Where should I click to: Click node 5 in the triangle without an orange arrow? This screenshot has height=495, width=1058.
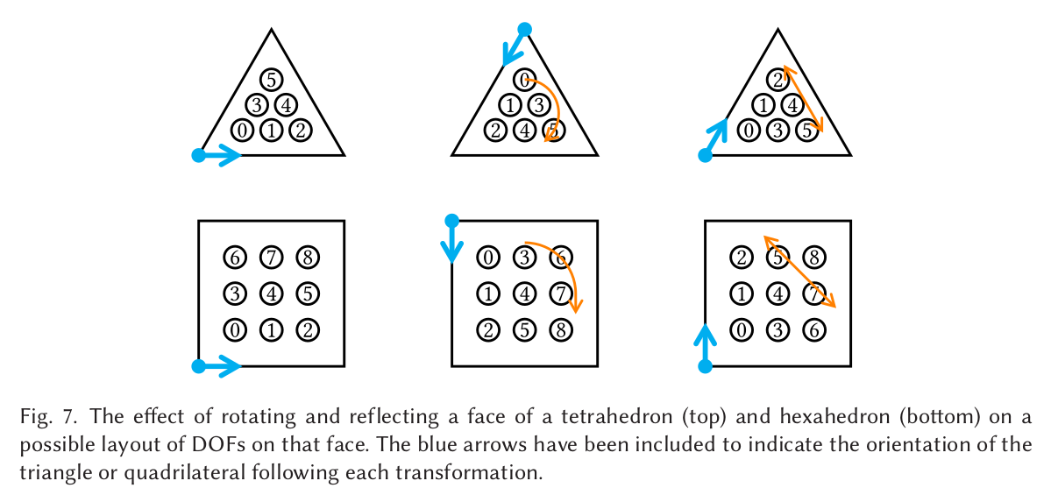point(271,80)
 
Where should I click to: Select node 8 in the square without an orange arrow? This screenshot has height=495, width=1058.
point(308,258)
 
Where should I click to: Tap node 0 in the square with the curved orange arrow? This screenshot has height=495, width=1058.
point(488,258)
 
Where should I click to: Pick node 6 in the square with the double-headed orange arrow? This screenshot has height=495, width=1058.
point(813,330)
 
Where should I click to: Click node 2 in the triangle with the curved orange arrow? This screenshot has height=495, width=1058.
point(495,131)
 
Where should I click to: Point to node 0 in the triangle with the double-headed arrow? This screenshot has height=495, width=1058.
point(748,131)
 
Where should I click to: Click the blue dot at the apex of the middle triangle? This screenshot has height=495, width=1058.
point(524,30)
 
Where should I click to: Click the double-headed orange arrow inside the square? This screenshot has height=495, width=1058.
point(799,272)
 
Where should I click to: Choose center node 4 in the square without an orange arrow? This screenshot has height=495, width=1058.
point(271,293)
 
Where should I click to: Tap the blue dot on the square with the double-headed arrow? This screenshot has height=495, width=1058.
point(705,367)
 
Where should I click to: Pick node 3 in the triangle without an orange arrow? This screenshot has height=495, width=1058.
point(256,106)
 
